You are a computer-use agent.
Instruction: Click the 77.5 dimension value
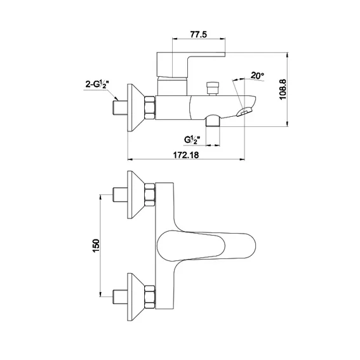[198, 34]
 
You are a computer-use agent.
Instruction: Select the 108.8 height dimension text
[283, 90]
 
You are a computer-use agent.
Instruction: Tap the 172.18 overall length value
[186, 155]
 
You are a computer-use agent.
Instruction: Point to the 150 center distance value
[96, 246]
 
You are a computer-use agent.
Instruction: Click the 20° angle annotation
[257, 76]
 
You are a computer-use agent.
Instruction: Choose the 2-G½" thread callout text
[97, 84]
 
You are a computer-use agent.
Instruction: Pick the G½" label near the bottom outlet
[192, 140]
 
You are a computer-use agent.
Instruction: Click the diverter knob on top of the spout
[213, 88]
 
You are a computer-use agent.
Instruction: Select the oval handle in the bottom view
[206, 246]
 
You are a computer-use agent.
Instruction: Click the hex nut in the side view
[150, 108]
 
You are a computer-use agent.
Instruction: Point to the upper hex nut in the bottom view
[150, 195]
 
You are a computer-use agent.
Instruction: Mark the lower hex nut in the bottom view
[150, 297]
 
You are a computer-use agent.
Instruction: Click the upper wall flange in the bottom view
[136, 195]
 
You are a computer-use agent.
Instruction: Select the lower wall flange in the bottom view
[136, 297]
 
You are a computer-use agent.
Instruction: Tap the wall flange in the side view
[136, 108]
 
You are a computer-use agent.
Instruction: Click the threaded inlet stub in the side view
[120, 108]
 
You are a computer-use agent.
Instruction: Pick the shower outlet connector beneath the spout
[213, 121]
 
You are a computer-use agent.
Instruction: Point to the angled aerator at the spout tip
[244, 112]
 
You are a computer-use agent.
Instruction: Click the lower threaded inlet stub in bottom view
[120, 297]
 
